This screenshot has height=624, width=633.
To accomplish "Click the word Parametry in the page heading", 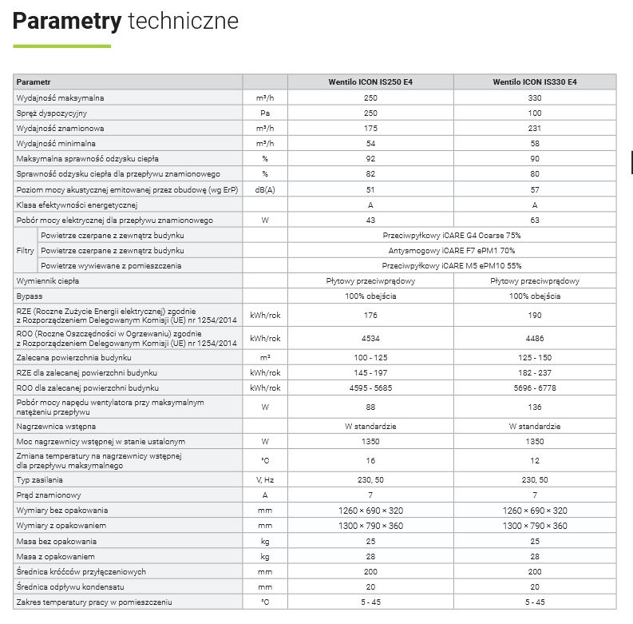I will click(x=66, y=21).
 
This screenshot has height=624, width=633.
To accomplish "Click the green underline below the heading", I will click(x=61, y=46).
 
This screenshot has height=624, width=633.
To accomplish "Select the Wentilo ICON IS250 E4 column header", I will click(x=370, y=82).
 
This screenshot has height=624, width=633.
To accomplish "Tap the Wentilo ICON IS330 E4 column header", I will click(x=535, y=82).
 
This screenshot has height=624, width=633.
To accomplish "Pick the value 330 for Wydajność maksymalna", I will click(x=535, y=97).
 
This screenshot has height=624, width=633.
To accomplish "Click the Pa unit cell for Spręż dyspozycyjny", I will click(x=264, y=113).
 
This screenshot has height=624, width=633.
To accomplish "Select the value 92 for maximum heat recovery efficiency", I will click(x=370, y=158).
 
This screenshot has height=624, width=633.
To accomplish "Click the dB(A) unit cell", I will click(x=264, y=189).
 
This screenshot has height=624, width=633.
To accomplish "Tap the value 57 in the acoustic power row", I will click(x=535, y=189).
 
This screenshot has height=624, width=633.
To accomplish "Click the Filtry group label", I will click(x=25, y=250).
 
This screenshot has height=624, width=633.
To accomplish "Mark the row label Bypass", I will click(x=30, y=296).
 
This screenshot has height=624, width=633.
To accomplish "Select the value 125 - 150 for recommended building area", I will click(x=535, y=357).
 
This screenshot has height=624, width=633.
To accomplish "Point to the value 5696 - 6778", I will click(x=535, y=388).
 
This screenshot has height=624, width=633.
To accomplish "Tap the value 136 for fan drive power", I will click(x=535, y=407).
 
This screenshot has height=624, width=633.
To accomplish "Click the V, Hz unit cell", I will click(x=264, y=479).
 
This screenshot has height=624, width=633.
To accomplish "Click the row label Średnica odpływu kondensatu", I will click(x=68, y=586).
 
